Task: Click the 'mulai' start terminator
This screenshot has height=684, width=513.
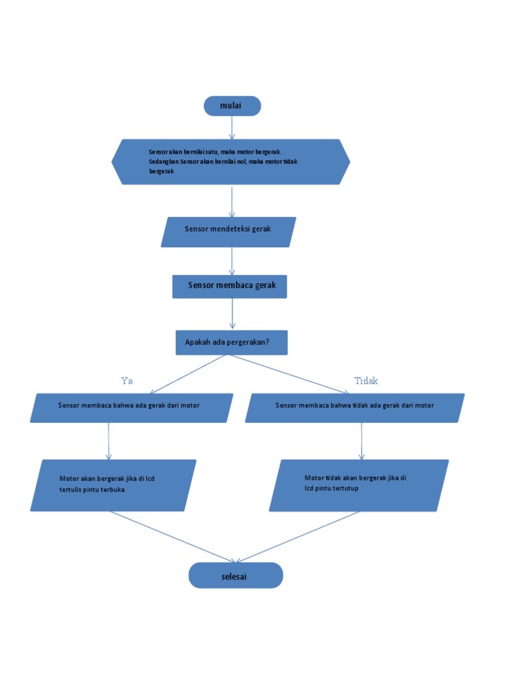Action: [x=232, y=106]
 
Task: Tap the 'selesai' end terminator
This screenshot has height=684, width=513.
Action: [x=235, y=575]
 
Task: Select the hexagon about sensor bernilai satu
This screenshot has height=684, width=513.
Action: [x=230, y=162]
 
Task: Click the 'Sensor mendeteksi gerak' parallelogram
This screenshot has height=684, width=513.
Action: [x=228, y=232]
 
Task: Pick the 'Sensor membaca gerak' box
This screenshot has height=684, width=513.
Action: [x=230, y=286]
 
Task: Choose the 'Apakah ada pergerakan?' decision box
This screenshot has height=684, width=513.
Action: [x=231, y=343]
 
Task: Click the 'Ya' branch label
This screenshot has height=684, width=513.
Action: [x=127, y=381]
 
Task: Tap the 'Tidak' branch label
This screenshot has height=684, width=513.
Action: [x=366, y=381]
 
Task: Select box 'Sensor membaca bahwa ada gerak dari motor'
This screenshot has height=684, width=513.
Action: [x=132, y=407]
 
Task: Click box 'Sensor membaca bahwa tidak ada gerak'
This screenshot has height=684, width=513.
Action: [x=355, y=407]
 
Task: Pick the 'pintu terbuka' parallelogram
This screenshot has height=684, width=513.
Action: [x=113, y=485]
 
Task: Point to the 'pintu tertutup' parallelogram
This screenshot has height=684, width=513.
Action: [x=359, y=486]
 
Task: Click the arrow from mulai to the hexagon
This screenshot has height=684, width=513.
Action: [x=232, y=127]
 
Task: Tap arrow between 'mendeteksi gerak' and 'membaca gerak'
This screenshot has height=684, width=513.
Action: [x=232, y=261]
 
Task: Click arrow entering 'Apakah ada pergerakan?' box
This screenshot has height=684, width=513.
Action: [x=232, y=314]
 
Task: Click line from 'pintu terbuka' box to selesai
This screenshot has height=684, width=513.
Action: [x=172, y=536]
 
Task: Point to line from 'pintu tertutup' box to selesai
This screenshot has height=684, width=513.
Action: [x=298, y=536]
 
